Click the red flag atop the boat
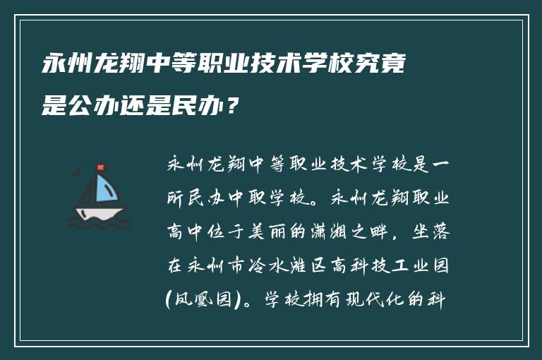[101, 168]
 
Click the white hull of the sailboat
[100, 212]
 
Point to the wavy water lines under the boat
[100, 224]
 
